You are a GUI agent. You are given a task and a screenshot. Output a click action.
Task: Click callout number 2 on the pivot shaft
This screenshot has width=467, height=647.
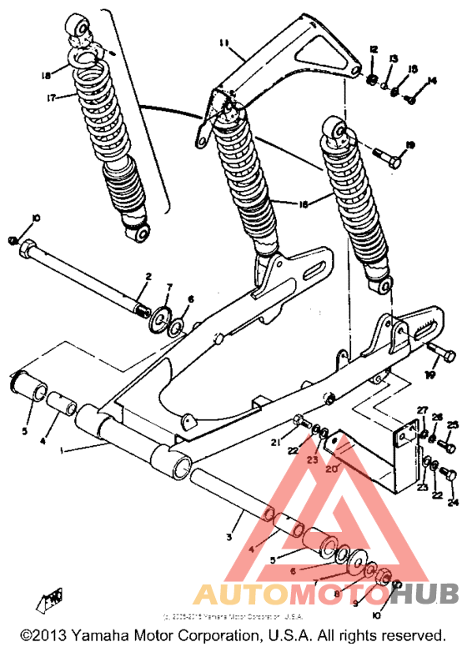click(148, 276)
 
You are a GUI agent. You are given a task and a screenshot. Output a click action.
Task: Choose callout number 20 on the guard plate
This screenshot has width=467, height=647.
click(331, 469)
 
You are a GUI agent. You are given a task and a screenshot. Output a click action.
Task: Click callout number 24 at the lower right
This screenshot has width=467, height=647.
click(453, 502)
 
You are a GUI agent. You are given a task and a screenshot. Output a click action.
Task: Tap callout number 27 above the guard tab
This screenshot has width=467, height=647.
click(422, 409)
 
